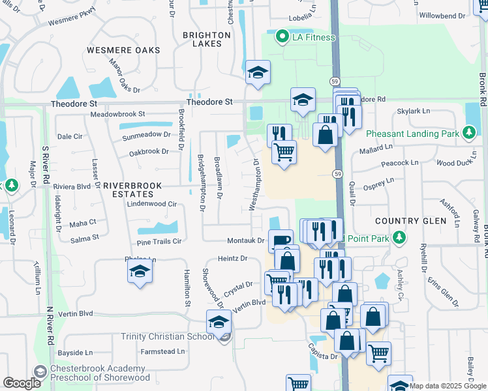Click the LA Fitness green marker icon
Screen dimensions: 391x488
tap(282, 36)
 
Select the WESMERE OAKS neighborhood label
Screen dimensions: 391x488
tap(119, 50)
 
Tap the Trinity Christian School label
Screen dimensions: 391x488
tap(167, 336)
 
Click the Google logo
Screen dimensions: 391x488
tap(22, 383)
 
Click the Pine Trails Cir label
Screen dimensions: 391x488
tap(159, 241)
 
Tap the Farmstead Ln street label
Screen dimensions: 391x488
tap(163, 352)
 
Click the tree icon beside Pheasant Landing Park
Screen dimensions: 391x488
tap(468, 133)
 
